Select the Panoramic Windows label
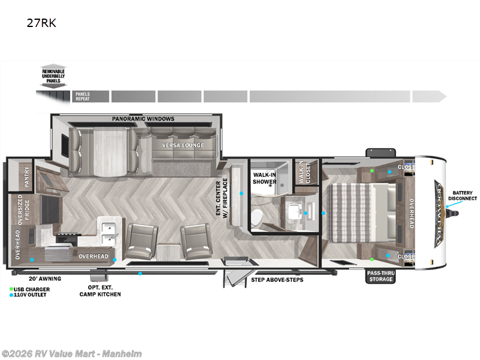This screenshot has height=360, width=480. (x=143, y=119)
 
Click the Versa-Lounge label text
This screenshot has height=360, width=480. (x=183, y=145)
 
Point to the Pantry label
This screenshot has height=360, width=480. (x=26, y=178)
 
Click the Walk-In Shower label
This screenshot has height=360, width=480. (x=264, y=178)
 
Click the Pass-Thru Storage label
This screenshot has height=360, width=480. (x=381, y=276)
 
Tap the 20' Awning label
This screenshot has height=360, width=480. (x=44, y=278)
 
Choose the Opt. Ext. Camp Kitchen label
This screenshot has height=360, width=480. (x=101, y=291)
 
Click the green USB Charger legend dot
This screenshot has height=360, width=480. (x=11, y=289)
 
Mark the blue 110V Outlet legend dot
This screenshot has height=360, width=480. (x=11, y=295)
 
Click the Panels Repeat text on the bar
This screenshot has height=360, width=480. (x=82, y=97)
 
